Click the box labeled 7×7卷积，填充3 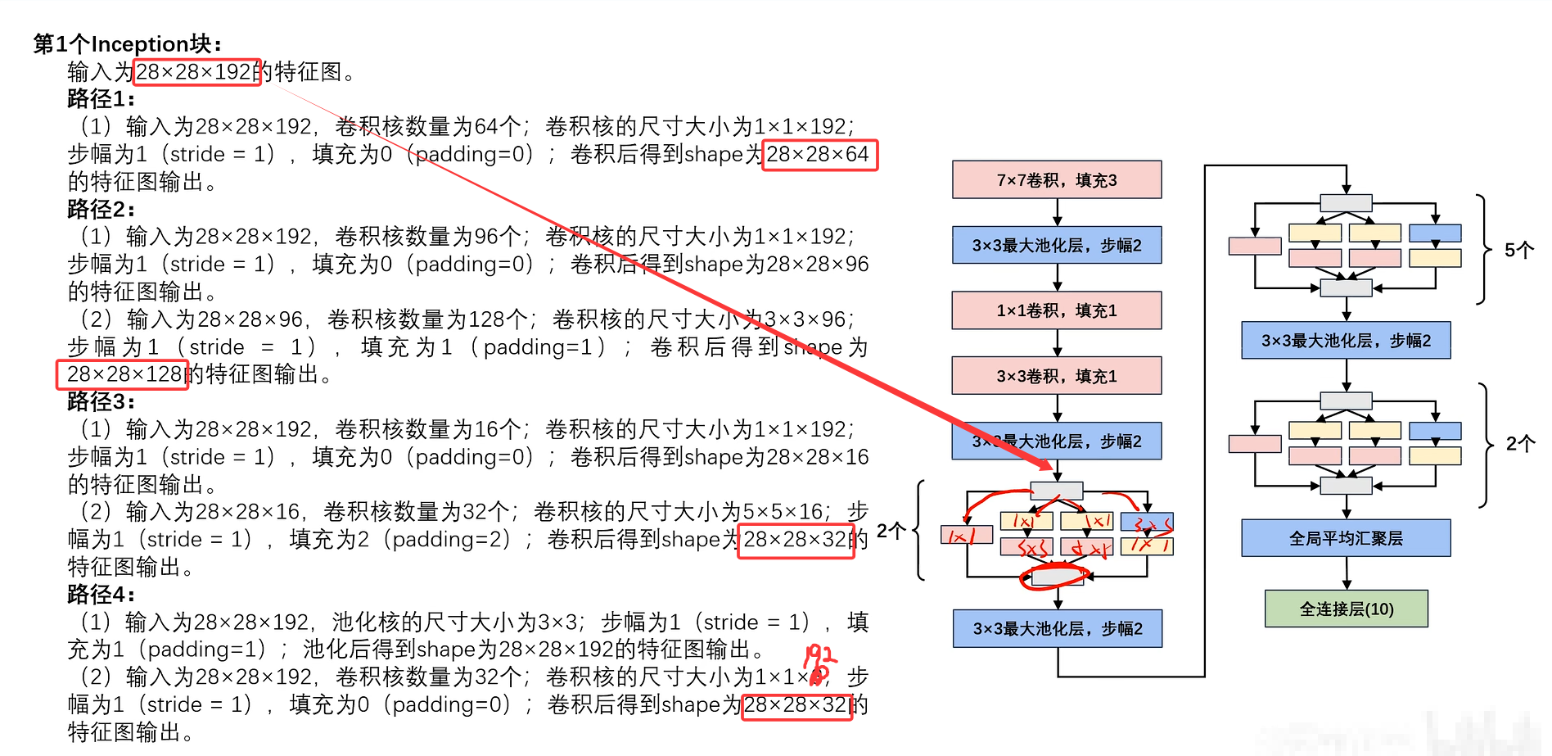tap(1056, 179)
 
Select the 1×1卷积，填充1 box tap(1056, 310)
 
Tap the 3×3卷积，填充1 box tap(1056, 376)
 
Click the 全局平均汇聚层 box tap(1346, 538)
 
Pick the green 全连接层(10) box tap(1346, 609)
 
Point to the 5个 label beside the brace tap(1518, 250)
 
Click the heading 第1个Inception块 tap(127, 43)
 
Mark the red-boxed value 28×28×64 tap(819, 155)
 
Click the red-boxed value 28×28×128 tap(123, 374)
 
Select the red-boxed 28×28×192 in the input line tap(196, 72)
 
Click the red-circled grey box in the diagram tap(1057, 577)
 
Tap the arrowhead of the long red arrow tap(1047, 465)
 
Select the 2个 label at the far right tap(1520, 444)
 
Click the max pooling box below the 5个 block tap(1346, 340)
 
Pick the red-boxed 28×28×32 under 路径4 tap(796, 705)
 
